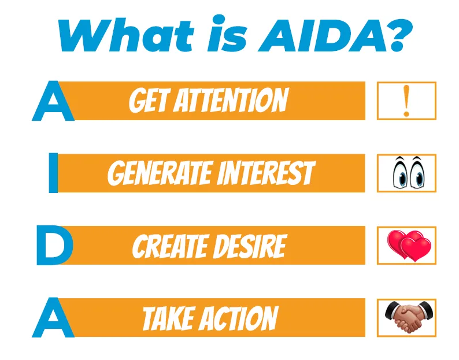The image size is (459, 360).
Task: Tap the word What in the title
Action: pos(126,35)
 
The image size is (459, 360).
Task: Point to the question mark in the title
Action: pos(399,35)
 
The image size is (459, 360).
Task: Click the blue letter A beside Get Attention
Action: pos(53,101)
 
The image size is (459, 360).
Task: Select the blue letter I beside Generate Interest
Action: pos(53,173)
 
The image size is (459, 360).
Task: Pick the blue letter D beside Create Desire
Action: pos(55,245)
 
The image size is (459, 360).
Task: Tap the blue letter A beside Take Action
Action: pos(53,318)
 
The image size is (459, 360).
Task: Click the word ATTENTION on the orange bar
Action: pos(231,101)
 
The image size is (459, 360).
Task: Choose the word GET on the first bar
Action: pos(150,101)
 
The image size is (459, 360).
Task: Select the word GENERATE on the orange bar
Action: pos(160,173)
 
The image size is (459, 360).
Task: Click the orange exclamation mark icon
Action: pos(406,101)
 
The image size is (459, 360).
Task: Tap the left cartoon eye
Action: pos(400,173)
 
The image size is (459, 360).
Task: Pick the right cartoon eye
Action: pos(417,173)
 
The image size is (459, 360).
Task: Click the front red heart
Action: pos(416,249)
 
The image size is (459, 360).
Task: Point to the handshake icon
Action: pos(409,317)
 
